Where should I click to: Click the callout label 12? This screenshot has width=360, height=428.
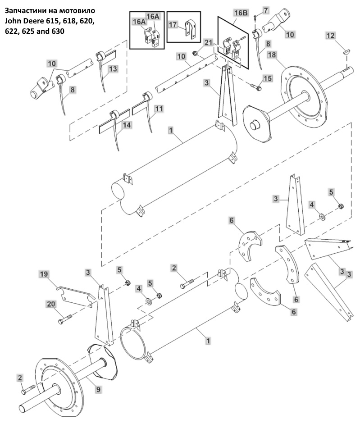tap(330, 36)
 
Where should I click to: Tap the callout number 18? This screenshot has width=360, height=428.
tap(272, 55)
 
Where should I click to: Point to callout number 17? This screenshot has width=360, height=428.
tap(173, 25)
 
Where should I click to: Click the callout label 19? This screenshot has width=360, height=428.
tap(44, 274)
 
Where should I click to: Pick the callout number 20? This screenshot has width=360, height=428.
tap(51, 304)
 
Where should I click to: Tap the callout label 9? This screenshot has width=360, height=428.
tap(98, 390)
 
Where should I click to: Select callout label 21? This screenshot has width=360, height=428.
tap(208, 42)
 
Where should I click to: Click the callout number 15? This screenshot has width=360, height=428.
tap(268, 78)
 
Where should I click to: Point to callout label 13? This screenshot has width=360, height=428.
tap(113, 69)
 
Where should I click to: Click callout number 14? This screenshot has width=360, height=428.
tap(127, 125)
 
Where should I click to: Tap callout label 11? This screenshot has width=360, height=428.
tap(159, 109)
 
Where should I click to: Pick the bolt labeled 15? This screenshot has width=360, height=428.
tap(256, 87)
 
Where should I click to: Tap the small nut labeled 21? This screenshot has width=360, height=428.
tap(196, 53)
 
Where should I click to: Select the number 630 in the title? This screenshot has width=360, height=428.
tap(59, 31)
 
